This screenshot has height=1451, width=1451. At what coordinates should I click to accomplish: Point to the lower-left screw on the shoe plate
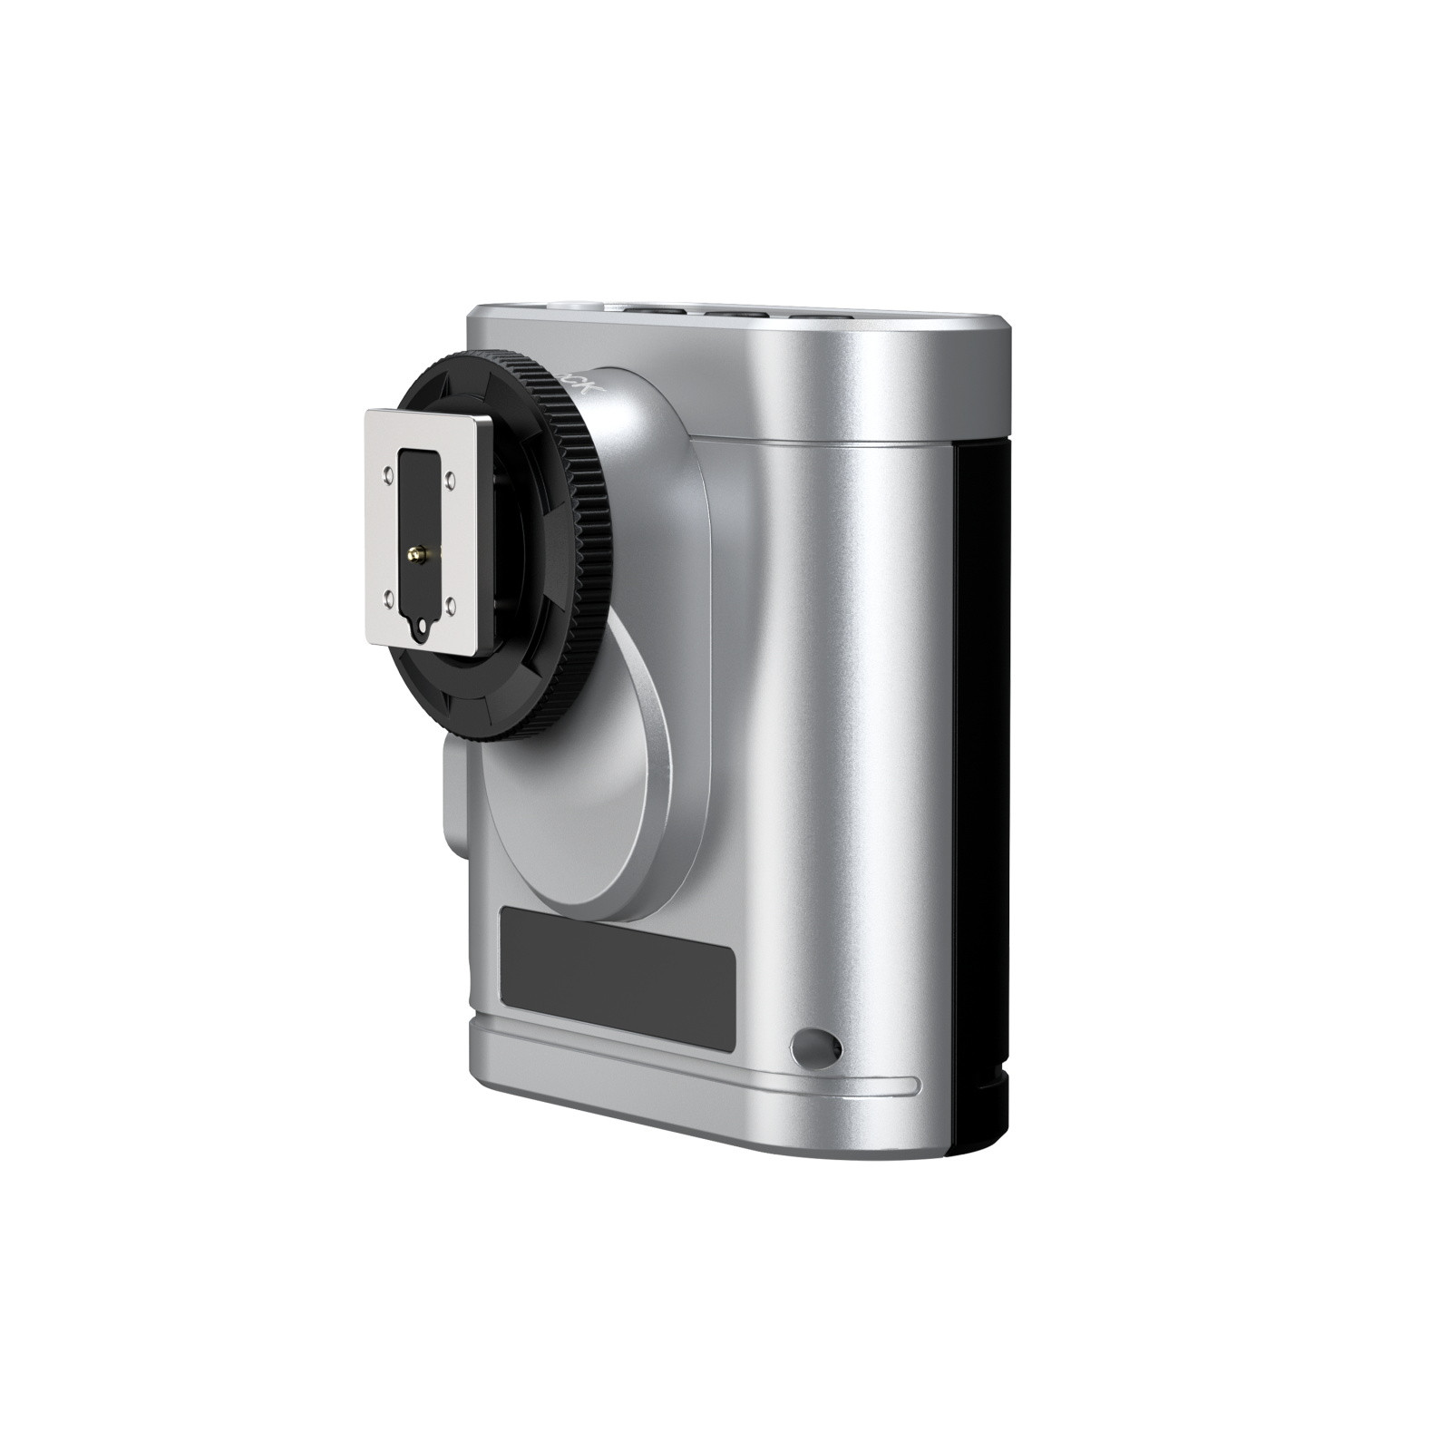click(x=389, y=597)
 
